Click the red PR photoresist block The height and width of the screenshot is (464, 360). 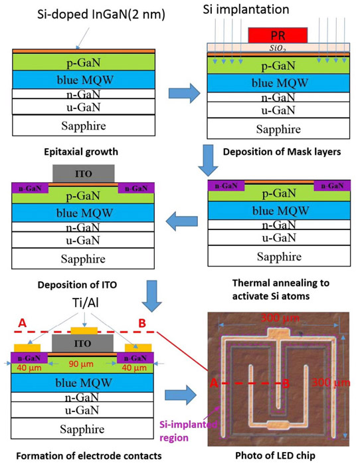coord(278,35)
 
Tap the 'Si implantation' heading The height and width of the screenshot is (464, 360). coord(246,9)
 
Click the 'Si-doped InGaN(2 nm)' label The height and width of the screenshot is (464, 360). coord(101,14)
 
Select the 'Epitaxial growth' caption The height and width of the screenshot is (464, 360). coord(81,152)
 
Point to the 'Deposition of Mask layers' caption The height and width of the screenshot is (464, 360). coord(282,152)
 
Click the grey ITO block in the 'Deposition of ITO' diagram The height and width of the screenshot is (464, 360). coord(83,174)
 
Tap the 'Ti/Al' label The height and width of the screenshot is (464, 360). coord(86,302)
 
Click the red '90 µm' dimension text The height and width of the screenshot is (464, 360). coord(81,364)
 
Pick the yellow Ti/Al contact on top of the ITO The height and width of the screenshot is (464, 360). coord(84,330)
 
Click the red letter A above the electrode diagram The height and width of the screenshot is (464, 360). coord(23,323)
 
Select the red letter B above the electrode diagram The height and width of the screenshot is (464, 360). coord(142,323)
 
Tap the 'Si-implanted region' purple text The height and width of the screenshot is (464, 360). coord(188,431)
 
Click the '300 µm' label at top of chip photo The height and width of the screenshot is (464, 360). coord(280,318)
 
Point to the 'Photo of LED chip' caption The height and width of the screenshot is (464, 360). coord(275,455)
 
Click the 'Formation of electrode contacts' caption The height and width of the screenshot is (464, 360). coord(89,456)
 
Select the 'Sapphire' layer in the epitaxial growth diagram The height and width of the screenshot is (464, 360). coord(84,126)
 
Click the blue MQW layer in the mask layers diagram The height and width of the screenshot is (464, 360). coord(278,83)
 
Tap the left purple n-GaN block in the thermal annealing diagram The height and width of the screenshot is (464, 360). coord(226,186)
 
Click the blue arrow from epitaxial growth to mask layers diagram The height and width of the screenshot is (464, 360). coord(185,93)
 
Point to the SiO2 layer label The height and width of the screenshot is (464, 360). coord(278,49)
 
